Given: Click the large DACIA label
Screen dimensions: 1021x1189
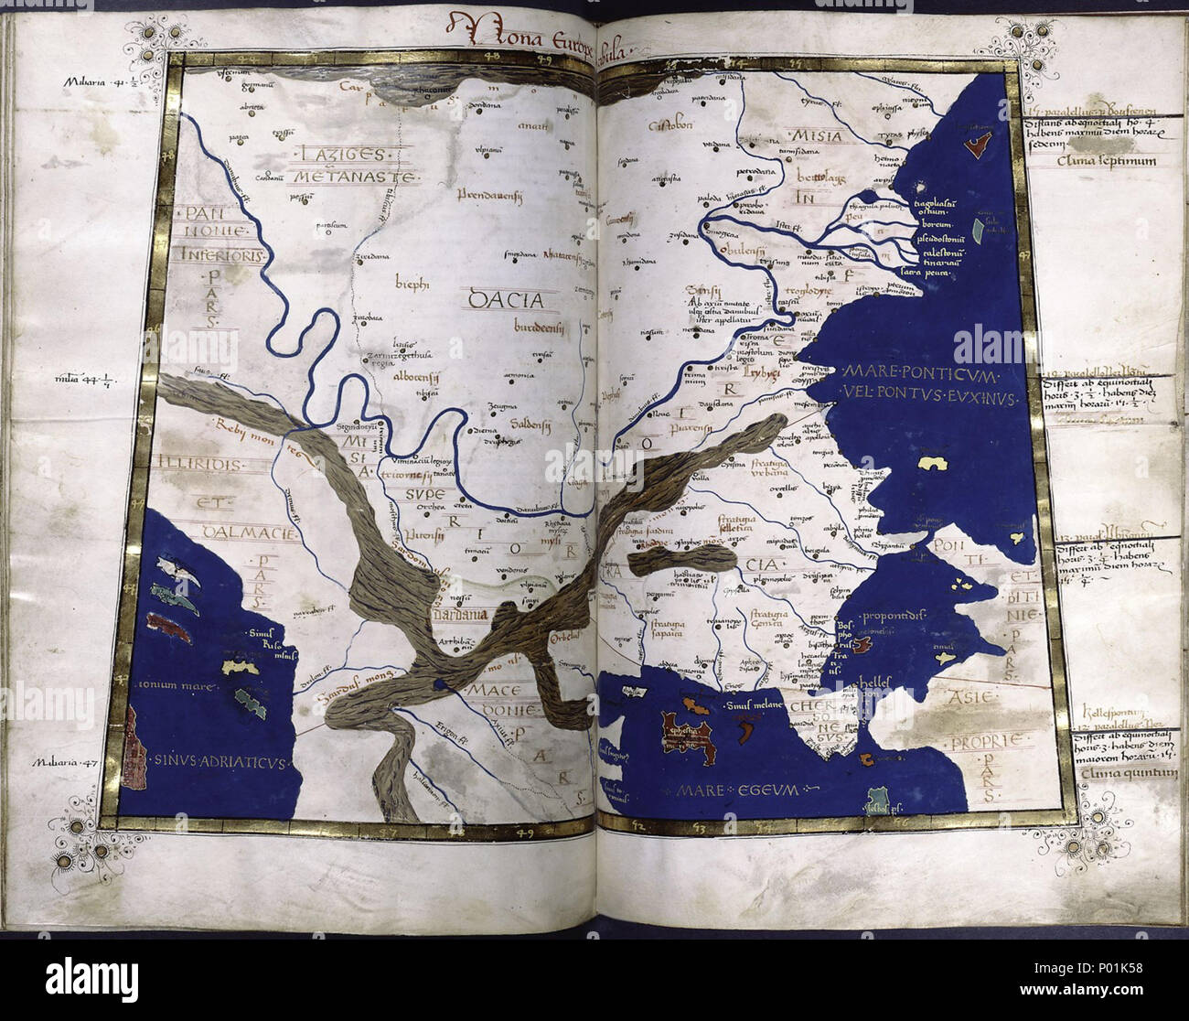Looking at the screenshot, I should [505, 299].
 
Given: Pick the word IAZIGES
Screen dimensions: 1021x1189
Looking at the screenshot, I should [329, 156].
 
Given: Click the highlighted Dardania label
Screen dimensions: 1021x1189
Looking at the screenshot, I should [460, 615].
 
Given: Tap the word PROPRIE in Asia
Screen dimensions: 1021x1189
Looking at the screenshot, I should [985, 740].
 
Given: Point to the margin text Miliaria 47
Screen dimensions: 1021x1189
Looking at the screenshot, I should [65, 761].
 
